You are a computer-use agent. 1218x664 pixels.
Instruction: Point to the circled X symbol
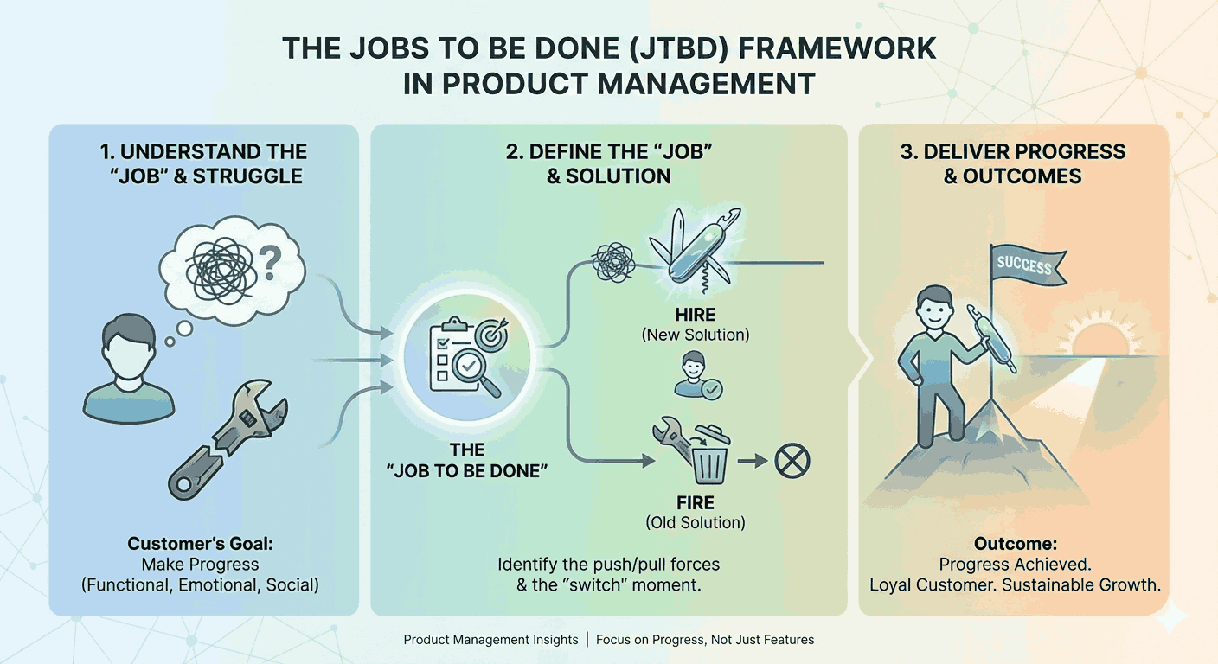[x=792, y=461]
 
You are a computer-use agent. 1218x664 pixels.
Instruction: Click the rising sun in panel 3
[x=1094, y=342]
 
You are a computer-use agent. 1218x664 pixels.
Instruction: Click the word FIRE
[x=696, y=503]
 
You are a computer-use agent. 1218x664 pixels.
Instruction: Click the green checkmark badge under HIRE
[x=711, y=390]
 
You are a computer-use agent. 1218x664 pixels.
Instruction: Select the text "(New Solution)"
[x=696, y=335]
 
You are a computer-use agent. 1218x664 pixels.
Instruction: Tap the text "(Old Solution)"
[x=696, y=522]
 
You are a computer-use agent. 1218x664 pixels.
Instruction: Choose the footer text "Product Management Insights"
[x=490, y=640]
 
